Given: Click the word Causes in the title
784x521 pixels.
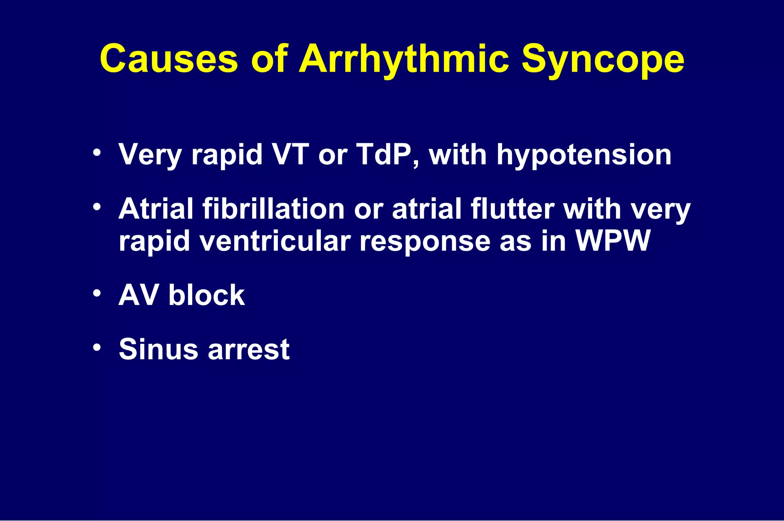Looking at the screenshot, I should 168,59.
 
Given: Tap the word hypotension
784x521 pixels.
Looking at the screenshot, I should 584,156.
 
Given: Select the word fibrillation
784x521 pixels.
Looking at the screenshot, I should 273,209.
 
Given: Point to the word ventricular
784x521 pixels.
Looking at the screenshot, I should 275,241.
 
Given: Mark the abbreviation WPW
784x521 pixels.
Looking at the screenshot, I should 613,241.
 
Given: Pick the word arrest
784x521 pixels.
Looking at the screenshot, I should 248,350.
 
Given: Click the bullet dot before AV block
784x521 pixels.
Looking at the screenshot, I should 97,294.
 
